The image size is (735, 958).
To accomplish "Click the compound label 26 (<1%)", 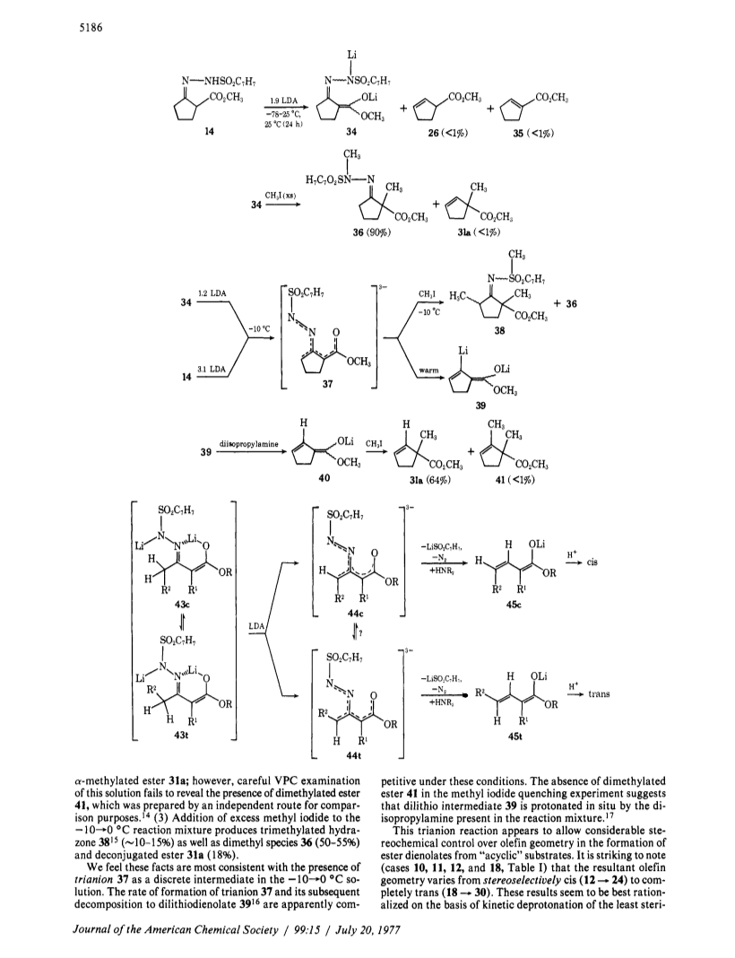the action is pos(447,133).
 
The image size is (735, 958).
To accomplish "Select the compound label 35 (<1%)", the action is pos(533,133).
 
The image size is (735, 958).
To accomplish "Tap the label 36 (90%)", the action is pos(372,231).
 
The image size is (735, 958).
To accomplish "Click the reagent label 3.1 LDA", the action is pos(212,369).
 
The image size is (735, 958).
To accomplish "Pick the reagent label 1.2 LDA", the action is pos(212,293).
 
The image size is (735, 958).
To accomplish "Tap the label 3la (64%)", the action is pos(429,480).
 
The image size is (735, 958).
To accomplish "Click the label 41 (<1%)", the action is pos(514,480).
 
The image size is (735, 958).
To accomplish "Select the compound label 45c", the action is pos(514,605).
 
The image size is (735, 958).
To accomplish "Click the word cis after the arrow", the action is pos(592,562).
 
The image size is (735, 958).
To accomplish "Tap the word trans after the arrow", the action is pos(599,694).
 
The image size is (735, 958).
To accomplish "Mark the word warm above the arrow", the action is pos(429,370).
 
